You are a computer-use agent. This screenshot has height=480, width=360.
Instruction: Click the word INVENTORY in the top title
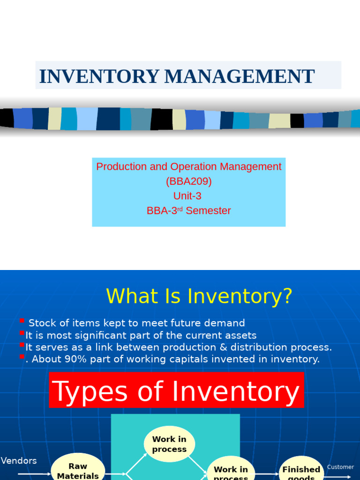click(99, 76)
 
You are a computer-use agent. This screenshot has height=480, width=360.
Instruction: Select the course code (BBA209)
click(188, 181)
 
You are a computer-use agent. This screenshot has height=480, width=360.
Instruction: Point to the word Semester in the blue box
click(208, 211)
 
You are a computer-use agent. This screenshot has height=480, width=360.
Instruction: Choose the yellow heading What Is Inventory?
click(199, 296)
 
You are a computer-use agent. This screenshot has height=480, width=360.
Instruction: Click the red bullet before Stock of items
click(22, 321)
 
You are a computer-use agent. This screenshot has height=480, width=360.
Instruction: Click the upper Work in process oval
click(169, 444)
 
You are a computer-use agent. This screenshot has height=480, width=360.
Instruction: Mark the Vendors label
click(19, 461)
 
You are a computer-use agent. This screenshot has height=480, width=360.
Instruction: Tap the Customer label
click(340, 467)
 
